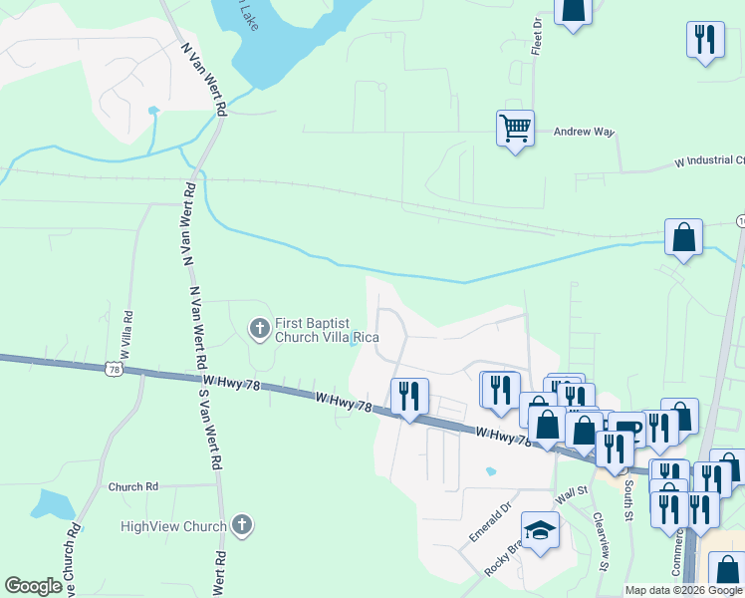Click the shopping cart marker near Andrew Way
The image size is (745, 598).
tap(515, 128)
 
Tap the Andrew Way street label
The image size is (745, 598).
tap(585, 132)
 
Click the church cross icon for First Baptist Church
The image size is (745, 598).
tap(259, 327)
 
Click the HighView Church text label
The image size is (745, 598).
tap(173, 526)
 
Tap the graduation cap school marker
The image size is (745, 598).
tap(540, 530)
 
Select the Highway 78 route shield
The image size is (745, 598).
tap(115, 370)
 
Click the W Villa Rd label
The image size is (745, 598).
tap(128, 328)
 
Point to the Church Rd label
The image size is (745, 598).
tap(133, 487)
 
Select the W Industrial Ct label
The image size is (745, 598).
tap(709, 160)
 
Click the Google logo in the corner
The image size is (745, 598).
tap(33, 586)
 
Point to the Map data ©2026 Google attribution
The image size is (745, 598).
tap(682, 590)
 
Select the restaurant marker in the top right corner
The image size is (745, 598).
tap(705, 40)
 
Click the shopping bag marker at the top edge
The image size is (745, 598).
tap(573, 10)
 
